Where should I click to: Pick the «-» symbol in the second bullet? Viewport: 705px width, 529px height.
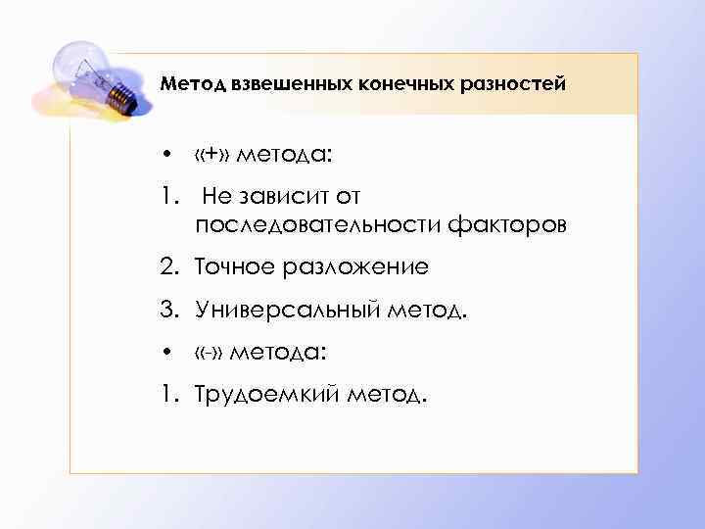(x=208, y=350)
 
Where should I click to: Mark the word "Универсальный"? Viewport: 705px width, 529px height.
(x=279, y=310)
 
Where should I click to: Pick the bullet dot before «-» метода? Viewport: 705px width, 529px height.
(x=168, y=351)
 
